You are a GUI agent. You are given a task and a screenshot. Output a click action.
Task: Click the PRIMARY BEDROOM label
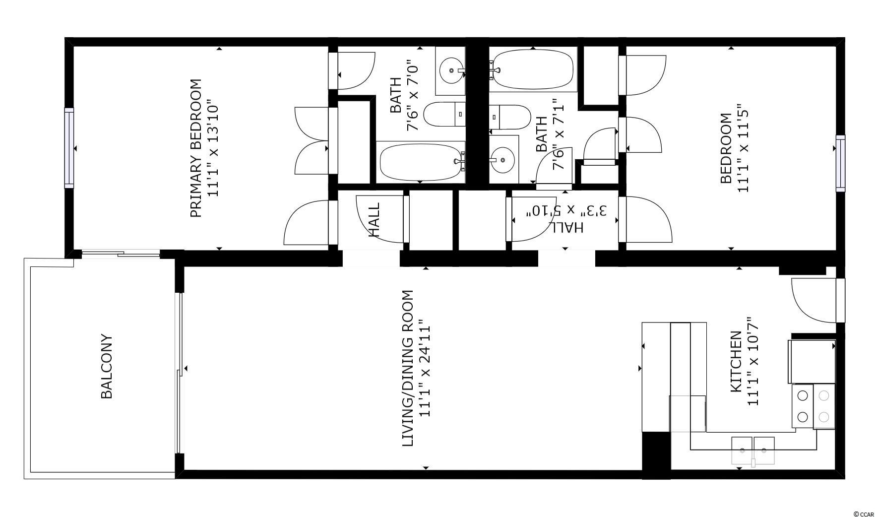[x=196, y=148]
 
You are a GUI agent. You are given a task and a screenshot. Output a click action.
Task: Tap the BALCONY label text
[x=107, y=367]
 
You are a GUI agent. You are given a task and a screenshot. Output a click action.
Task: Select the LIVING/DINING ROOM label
[x=407, y=368]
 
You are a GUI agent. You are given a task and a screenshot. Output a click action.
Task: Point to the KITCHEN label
[x=736, y=362]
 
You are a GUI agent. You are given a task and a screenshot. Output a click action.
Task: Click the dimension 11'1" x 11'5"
[x=743, y=148]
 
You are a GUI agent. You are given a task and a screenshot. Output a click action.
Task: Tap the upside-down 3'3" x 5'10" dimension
[x=566, y=211]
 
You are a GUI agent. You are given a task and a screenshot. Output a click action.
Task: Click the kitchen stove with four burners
[x=813, y=406]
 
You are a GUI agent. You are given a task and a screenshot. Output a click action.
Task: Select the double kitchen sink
[x=753, y=450]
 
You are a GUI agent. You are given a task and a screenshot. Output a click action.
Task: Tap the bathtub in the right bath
[x=533, y=69]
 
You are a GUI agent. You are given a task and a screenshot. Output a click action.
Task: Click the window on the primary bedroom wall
[x=69, y=148]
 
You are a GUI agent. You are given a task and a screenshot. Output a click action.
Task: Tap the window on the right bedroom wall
[x=840, y=163]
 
